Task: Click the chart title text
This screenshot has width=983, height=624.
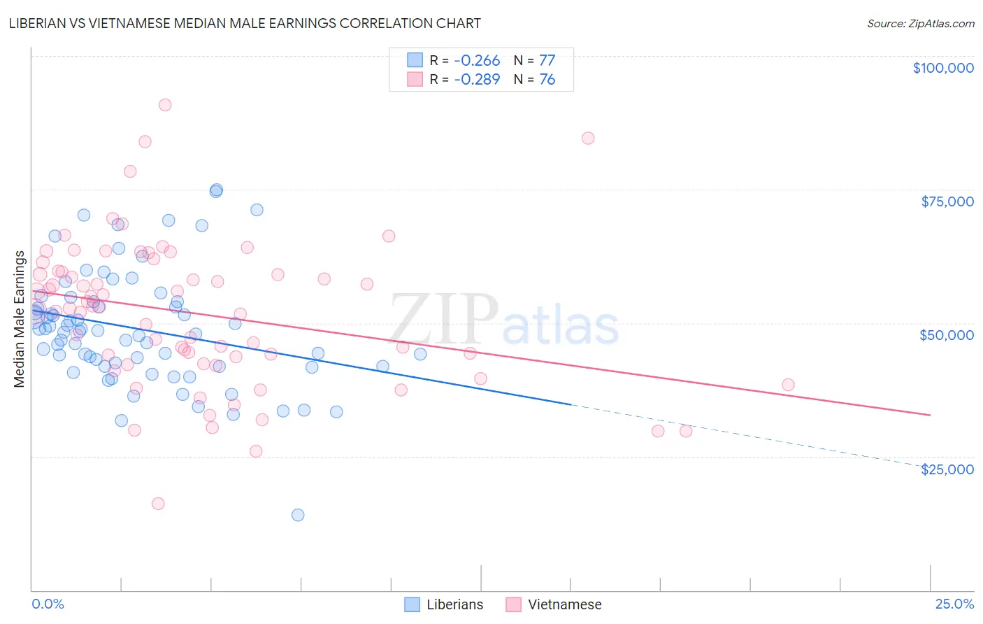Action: [245, 23]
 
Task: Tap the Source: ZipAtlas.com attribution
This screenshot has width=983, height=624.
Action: [920, 23]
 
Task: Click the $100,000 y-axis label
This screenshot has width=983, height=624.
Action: [943, 68]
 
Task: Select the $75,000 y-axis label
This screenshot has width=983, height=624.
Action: [947, 201]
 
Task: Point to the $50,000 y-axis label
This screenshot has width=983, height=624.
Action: [947, 335]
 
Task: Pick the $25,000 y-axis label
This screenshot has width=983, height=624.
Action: [947, 469]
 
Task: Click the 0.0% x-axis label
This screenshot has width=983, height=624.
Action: [48, 604]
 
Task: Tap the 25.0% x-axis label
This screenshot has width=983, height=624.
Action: [954, 604]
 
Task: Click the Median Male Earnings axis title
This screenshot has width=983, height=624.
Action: [19, 318]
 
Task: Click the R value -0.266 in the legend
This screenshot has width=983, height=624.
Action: [477, 61]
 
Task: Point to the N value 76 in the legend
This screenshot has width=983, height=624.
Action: [547, 80]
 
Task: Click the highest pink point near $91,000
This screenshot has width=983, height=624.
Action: [165, 105]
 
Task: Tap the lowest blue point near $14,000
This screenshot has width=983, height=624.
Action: [298, 515]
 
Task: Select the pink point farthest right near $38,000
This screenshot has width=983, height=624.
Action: [788, 385]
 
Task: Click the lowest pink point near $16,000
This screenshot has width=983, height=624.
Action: [158, 504]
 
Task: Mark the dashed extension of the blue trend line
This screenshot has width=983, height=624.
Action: [748, 435]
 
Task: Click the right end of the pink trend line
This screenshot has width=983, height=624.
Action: [929, 415]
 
